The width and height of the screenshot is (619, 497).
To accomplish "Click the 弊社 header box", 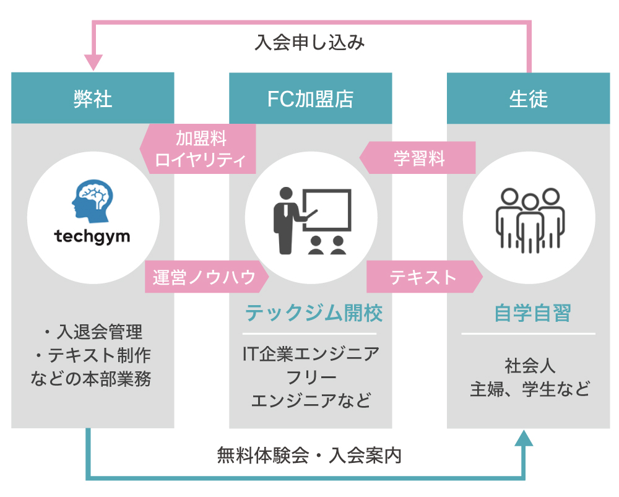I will tap(92, 98).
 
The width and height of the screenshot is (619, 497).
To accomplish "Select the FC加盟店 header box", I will tap(310, 98).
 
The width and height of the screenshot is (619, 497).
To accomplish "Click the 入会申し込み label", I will tap(309, 43).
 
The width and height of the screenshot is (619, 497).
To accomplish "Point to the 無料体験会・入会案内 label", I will tap(309, 456).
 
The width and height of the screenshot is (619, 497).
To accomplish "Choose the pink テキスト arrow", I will tap(424, 277).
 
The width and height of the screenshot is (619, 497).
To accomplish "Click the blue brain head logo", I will tap(93, 199).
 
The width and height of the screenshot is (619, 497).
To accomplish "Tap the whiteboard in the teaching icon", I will tap(326, 210).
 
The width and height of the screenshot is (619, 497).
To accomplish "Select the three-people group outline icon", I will tap(529, 217).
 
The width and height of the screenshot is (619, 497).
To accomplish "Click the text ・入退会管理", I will tap(92, 332).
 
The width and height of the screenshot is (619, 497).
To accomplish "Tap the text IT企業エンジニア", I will tap(311, 355).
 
